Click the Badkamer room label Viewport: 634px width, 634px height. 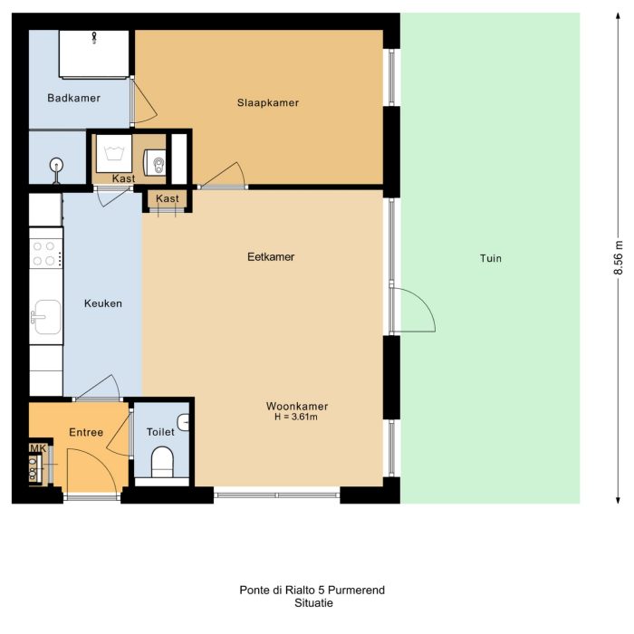73,98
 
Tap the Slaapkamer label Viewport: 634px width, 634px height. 268,102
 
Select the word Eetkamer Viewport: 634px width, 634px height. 271,257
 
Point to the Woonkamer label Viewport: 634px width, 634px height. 297,406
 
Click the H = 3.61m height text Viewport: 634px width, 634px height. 297,418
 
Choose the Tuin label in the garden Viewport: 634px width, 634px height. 491,258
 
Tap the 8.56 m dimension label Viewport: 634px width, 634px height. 620,257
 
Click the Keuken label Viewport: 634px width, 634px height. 102,303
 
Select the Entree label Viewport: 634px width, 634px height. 86,432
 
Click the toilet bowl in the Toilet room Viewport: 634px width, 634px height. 163,461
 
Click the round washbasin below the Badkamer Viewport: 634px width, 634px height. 56,165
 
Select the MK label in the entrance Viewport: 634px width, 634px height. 37,448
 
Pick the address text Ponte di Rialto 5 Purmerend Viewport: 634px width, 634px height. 312,590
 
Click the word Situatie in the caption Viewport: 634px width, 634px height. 312,602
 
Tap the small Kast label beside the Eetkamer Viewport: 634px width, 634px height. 168,198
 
